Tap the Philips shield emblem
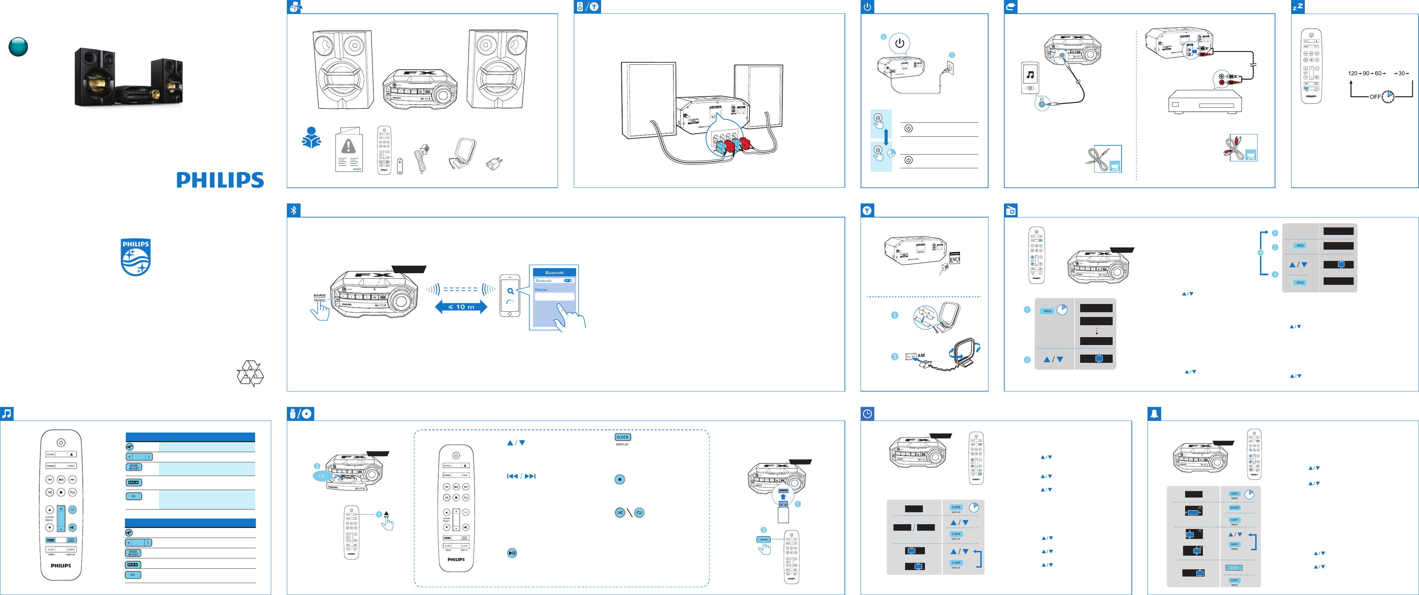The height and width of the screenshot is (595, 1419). pos(135,257)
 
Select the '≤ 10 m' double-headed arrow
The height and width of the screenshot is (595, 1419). pos(461,307)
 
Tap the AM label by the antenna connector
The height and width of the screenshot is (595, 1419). pos(921,355)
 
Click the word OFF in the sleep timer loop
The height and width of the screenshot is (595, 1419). pos(1375,97)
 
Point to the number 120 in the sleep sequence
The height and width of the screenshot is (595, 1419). pos(1352,73)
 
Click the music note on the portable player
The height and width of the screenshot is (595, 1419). pos(1030,75)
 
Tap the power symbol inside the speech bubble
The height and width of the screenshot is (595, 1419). pos(900,43)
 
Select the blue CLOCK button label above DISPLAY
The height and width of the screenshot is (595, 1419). pos(622,437)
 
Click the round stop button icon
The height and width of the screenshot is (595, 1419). pos(620,479)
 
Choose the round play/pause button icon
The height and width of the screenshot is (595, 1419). pos(512,553)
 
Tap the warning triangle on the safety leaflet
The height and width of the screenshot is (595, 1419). pos(349,146)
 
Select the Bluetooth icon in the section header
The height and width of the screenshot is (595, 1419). pos(294,210)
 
